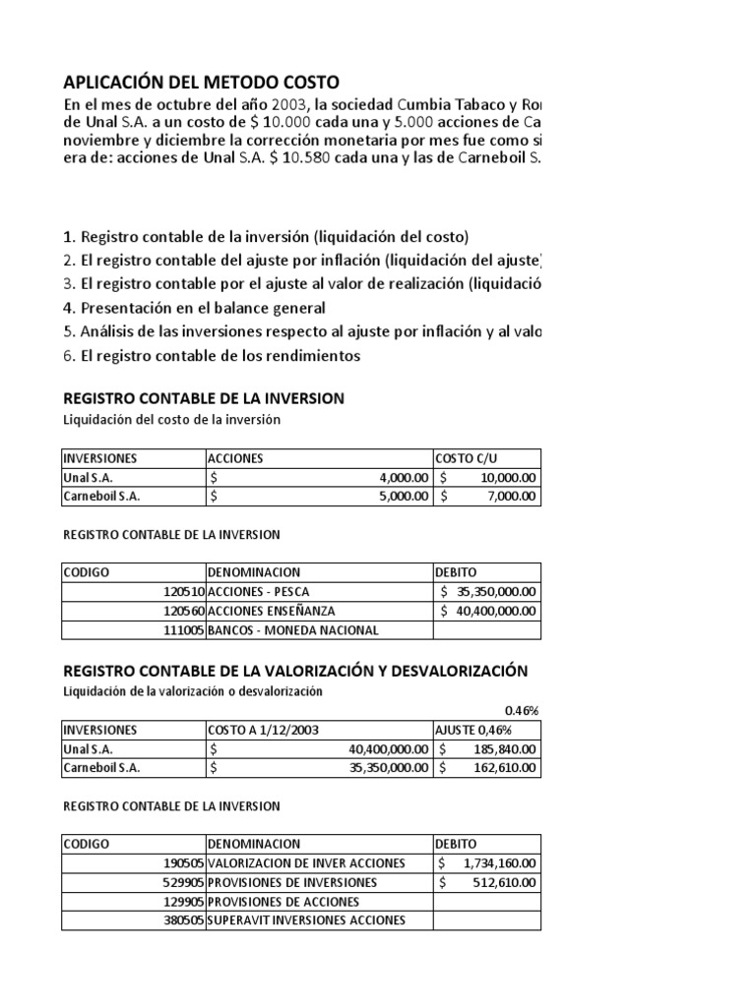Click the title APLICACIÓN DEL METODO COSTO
[201, 82]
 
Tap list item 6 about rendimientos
[212, 355]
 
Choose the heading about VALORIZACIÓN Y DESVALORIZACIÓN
[295, 671]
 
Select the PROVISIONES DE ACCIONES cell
[283, 901]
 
